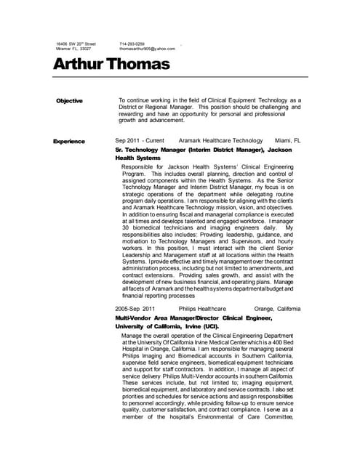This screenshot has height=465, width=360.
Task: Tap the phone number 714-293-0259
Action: pyautogui.click(x=132, y=44)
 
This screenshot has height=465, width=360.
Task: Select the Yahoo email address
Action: pyautogui.click(x=147, y=49)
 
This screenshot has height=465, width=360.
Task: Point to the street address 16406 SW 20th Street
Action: pyautogui.click(x=76, y=44)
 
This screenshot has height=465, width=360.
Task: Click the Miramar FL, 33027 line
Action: pyautogui.click(x=73, y=49)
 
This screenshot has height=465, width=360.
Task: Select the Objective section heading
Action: pyautogui.click(x=69, y=101)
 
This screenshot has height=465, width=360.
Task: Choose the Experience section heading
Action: pyautogui.click(x=69, y=141)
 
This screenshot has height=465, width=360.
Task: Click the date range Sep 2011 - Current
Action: pyautogui.click(x=140, y=140)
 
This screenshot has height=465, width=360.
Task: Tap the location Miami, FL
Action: pyautogui.click(x=287, y=140)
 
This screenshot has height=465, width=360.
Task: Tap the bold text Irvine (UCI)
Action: pyautogui.click(x=201, y=326)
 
